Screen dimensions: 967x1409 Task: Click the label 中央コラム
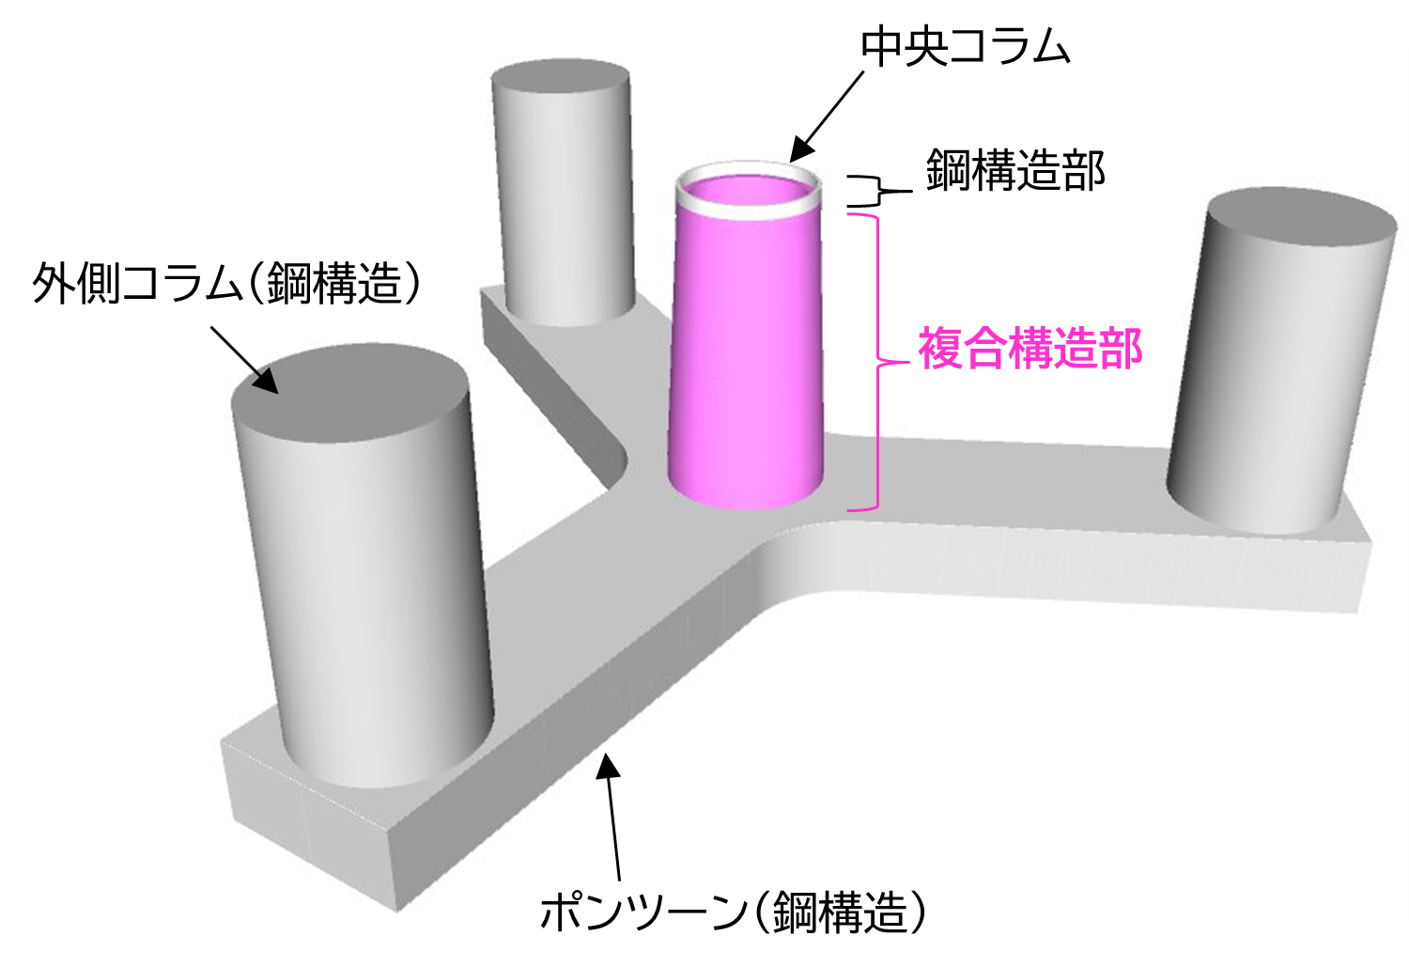966,47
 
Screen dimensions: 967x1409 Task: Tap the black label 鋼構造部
1015,171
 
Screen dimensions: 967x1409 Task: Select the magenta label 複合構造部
1030,349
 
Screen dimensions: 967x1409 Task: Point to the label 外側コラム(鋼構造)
226,283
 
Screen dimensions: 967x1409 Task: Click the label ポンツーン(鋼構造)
733,912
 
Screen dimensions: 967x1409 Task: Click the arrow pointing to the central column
827,117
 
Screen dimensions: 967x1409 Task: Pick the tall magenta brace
877,363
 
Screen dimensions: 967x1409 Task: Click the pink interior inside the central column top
750,192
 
